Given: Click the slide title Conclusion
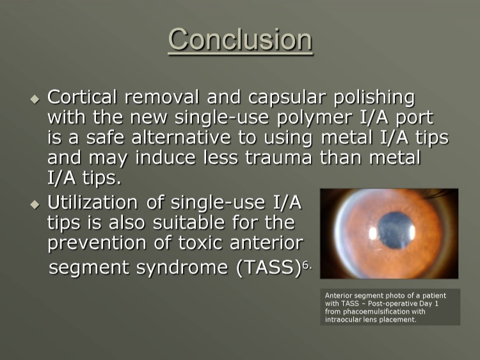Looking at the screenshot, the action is coord(240,40).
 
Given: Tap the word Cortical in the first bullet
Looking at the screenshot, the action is coord(82,97).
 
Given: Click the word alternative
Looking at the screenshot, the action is coord(181,137).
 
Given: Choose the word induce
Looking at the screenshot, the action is coord(165,157).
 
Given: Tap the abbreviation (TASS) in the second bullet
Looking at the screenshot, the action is coord(269,268).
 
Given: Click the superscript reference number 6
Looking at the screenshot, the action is coord(305,266).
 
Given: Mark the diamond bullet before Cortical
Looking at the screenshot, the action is coord(35,99).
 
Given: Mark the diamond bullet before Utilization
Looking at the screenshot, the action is coord(35,204).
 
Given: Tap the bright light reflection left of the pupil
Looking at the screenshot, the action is coord(373,233).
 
